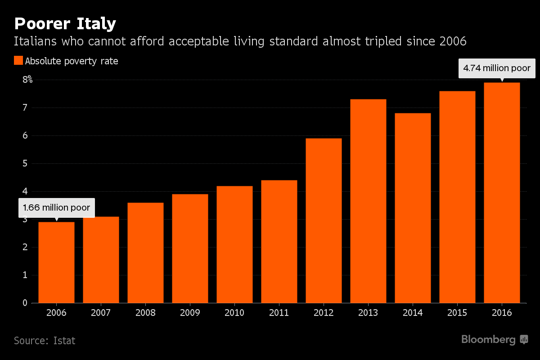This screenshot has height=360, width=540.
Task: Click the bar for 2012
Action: [324, 220]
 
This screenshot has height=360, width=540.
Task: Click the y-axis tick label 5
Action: [24, 163]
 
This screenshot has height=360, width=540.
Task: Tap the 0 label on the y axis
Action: [24, 303]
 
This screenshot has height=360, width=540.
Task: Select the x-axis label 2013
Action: [368, 313]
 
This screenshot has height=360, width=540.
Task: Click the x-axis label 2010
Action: [234, 313]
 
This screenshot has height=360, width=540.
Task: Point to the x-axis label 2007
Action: [101, 313]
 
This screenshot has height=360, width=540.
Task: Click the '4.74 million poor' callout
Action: [497, 69]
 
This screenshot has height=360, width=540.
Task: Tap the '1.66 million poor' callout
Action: [57, 208]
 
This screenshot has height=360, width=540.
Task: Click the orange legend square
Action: [18, 61]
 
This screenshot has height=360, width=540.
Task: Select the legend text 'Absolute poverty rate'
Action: [72, 61]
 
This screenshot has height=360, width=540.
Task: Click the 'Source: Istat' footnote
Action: [45, 341]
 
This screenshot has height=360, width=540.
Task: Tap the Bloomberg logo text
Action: [488, 340]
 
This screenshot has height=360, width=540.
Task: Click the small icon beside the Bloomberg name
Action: [524, 340]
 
